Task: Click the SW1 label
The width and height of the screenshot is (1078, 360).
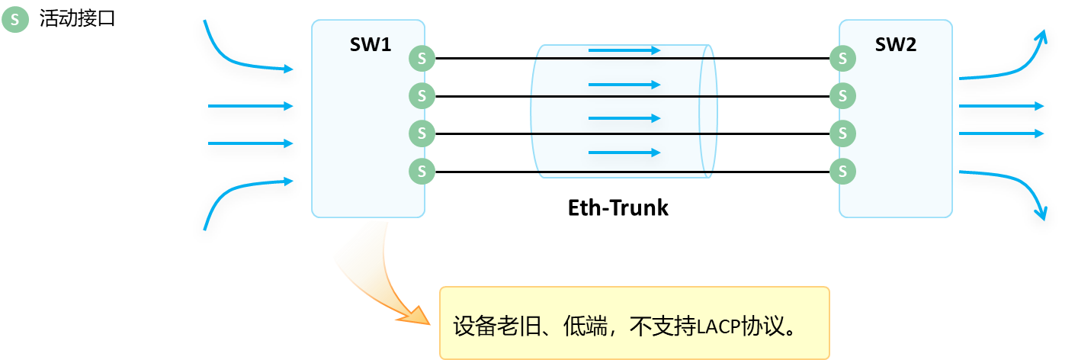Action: coord(371,44)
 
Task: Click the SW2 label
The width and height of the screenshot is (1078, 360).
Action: coord(895,44)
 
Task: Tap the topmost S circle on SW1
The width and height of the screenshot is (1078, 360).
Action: coord(422,58)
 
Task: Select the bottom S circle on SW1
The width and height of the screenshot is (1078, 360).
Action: coord(422,171)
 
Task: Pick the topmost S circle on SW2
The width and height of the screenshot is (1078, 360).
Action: coord(842,58)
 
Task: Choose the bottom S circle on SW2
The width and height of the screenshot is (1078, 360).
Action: coord(842,171)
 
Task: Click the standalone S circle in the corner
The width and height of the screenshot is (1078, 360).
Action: coord(14,20)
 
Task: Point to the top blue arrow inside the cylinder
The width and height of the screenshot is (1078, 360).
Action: coord(624,50)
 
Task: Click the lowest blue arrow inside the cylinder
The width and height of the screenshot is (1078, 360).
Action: coord(624,153)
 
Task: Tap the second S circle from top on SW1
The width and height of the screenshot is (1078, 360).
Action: coord(422,95)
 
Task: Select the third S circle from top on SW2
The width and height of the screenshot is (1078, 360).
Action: coord(842,133)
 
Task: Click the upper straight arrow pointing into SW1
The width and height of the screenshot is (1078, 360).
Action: coord(250,106)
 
